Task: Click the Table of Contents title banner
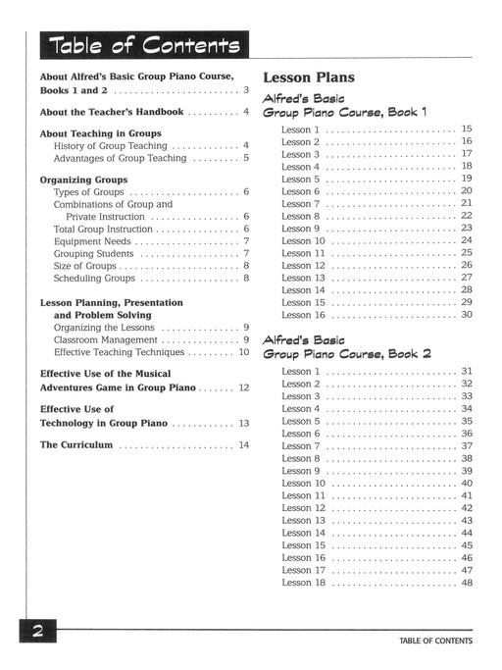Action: pyautogui.click(x=140, y=45)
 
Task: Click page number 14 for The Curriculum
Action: pyautogui.click(x=243, y=445)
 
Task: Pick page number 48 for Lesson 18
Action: pyautogui.click(x=467, y=583)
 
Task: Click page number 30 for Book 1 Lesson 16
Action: pyautogui.click(x=467, y=315)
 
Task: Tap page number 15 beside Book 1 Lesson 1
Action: pyautogui.click(x=467, y=129)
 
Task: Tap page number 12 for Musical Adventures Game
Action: pyautogui.click(x=243, y=388)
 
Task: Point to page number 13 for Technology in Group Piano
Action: pyautogui.click(x=243, y=423)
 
